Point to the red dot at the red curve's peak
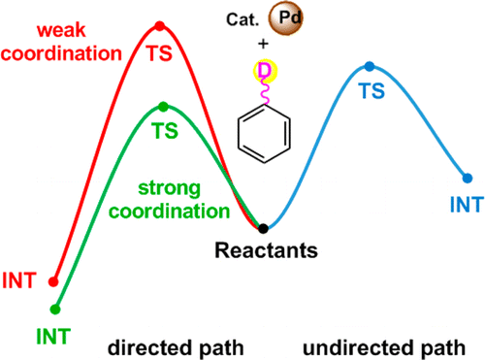point(160,25)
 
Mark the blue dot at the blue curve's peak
point(369,66)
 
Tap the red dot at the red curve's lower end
point(53,283)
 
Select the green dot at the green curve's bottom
point(54,310)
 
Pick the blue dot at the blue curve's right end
point(468,178)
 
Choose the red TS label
point(160,50)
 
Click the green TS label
point(163,129)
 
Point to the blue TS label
point(370,90)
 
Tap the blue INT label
point(467,203)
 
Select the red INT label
point(19,281)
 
